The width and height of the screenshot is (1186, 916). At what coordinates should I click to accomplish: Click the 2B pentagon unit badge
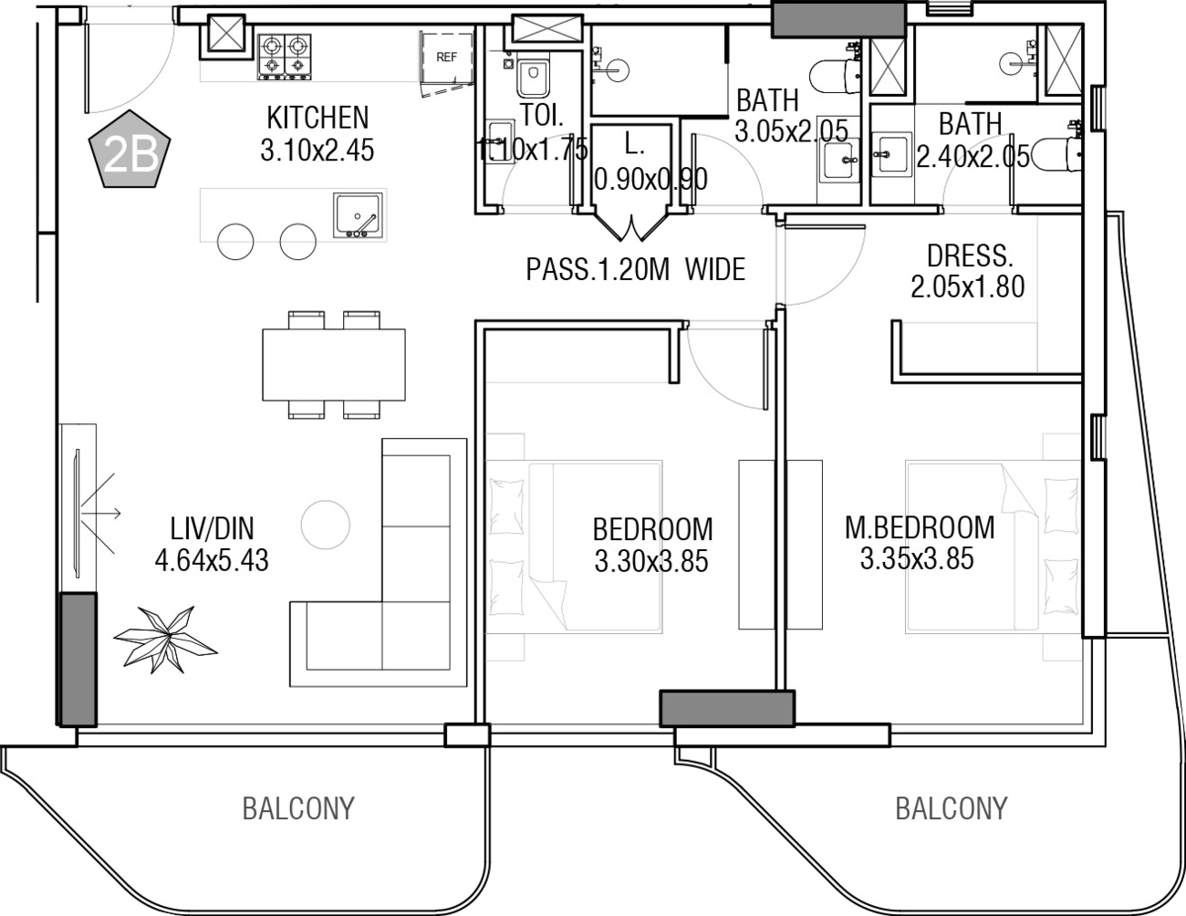[130, 149]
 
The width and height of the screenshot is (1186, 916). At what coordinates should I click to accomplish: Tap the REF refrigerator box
[446, 57]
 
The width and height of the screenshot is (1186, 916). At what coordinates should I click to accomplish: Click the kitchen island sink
[358, 215]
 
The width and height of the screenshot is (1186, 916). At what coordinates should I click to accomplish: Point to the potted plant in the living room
[165, 639]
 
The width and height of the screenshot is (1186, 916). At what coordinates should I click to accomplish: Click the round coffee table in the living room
[326, 525]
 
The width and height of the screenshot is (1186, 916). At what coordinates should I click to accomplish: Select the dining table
[334, 364]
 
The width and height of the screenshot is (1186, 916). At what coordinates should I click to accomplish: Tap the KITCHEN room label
[317, 118]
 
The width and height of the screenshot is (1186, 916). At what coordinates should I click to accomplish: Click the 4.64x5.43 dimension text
[212, 561]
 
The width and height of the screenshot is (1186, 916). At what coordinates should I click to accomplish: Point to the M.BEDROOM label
[920, 527]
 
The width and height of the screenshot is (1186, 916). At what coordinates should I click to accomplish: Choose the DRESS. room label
[970, 255]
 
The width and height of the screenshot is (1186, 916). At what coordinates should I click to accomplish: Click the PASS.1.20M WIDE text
[636, 269]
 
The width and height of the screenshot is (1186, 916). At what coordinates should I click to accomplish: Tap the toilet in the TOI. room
[532, 78]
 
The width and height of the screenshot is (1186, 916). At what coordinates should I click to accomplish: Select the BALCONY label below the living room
[298, 809]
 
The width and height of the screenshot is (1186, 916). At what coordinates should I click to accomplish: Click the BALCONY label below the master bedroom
[952, 809]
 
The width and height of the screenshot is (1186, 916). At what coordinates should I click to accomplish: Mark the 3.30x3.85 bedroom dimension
[651, 561]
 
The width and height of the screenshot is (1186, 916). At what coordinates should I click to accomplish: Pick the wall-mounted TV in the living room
[78, 513]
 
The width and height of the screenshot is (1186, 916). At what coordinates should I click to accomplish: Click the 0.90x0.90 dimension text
[650, 179]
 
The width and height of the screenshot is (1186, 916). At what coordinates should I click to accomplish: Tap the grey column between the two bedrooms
[727, 709]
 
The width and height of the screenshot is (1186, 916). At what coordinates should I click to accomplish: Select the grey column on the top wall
[838, 20]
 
